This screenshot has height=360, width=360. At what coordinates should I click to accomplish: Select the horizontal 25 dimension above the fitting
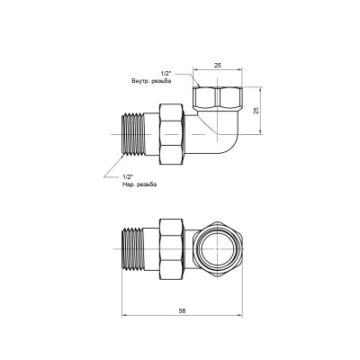pyautogui.click(x=219, y=65)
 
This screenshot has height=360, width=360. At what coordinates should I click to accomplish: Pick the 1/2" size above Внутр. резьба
pyautogui.click(x=166, y=72)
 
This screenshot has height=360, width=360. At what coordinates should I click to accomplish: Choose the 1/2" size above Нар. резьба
pyautogui.click(x=125, y=176)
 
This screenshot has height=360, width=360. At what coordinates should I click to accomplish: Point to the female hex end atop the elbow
pyautogui.click(x=219, y=97)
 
